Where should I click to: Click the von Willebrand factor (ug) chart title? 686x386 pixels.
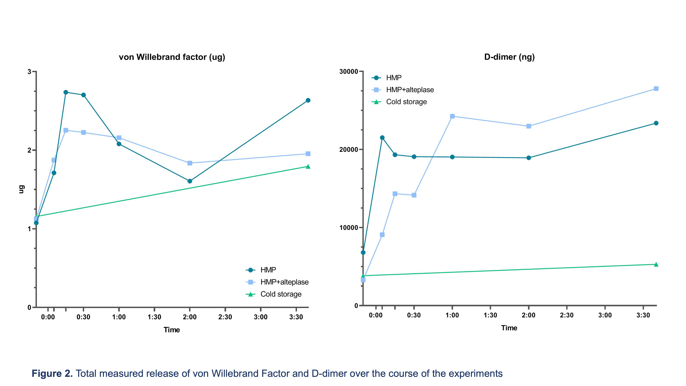coord(172,57)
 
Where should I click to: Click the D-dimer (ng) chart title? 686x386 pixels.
coord(509,57)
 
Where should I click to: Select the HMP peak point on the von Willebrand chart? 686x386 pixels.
coord(66,92)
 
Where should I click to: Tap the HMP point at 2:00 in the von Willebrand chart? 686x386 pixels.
coord(190,181)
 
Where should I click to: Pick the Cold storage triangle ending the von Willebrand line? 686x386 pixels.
coord(308,167)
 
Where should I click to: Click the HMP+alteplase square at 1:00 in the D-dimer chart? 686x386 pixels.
coord(452,116)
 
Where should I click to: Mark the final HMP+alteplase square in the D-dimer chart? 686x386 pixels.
coord(656,89)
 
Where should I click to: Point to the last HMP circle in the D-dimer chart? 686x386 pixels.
coord(656,123)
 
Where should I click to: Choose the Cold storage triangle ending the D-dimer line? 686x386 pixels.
coord(656,264)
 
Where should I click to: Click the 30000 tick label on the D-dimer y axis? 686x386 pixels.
coord(349,72)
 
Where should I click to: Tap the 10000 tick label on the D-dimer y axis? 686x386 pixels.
coord(349,228)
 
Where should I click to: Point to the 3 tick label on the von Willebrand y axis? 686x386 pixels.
coord(29,72)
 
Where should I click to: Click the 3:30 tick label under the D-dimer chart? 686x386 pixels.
coord(643,315)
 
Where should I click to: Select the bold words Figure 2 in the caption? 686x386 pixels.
coord(52,374)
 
